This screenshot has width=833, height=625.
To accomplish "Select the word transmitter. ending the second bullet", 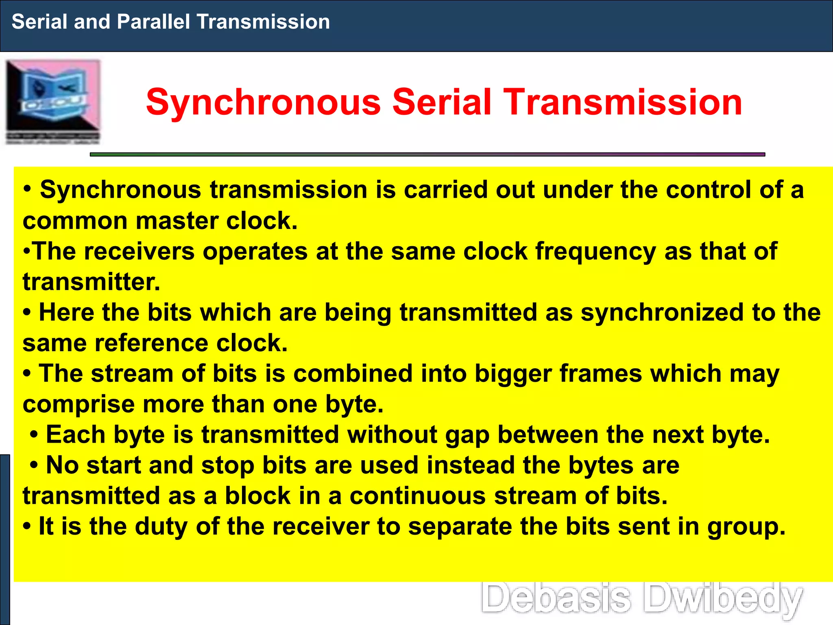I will [x=92, y=282].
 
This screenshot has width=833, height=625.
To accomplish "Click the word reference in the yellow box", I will [x=151, y=343].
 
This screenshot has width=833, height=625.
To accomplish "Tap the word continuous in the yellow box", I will [x=418, y=496].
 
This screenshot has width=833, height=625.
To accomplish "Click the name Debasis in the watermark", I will [x=556, y=598].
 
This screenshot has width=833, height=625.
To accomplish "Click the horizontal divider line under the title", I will [x=427, y=155].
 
